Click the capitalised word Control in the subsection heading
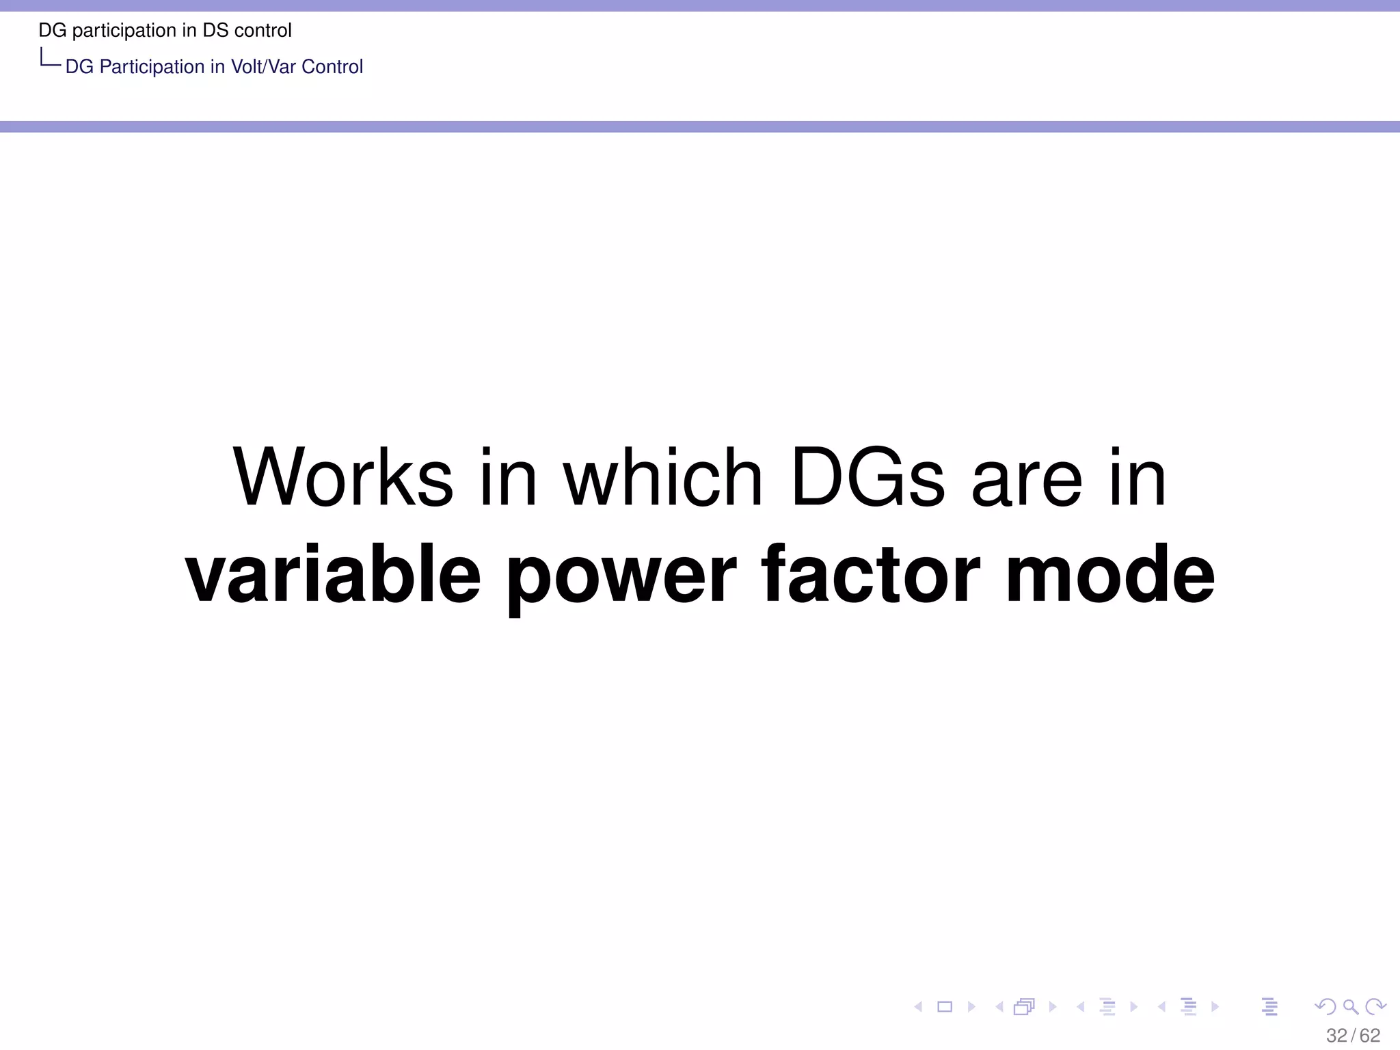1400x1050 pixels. pos(332,67)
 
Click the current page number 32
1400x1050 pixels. pos(1336,1036)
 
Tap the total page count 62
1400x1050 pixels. pos(1370,1036)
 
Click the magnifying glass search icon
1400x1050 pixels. pos(1351,1006)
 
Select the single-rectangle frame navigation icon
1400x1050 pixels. pos(945,1006)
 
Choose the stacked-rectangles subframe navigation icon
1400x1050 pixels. pos(1024,1006)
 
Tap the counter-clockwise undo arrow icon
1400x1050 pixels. pos(1325,1006)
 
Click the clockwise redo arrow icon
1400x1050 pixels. pos(1375,1006)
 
